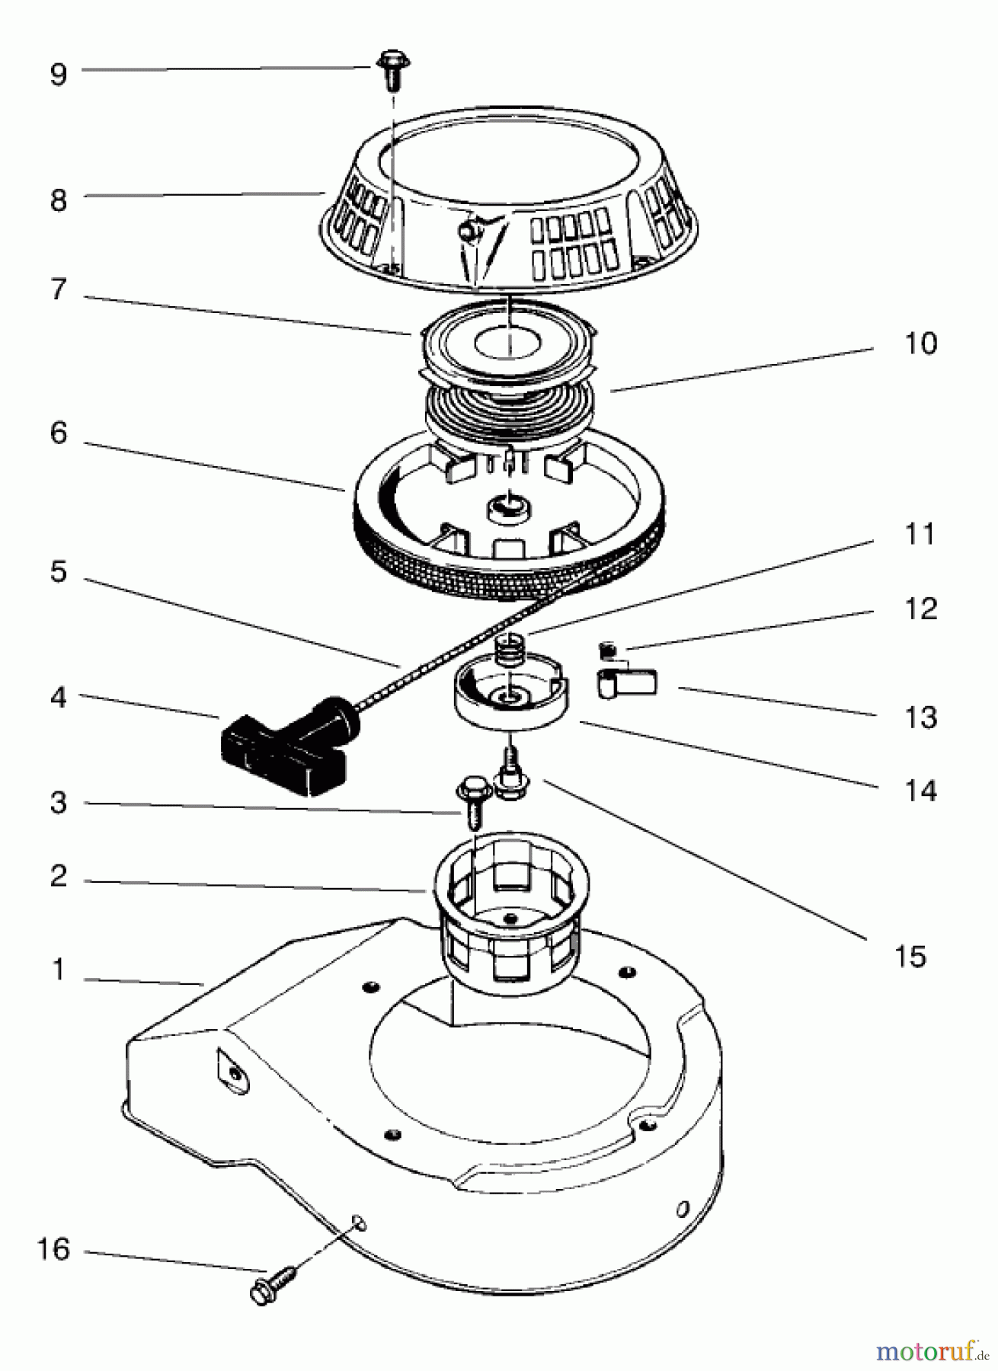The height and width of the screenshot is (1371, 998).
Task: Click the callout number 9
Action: [x=58, y=74]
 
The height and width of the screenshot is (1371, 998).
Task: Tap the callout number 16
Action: [x=54, y=1249]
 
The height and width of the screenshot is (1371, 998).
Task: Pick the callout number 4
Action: [x=59, y=697]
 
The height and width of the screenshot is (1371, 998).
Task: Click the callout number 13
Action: [x=920, y=717]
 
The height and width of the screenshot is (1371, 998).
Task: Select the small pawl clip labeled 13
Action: [x=625, y=679]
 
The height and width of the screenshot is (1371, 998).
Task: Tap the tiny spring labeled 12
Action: [x=608, y=650]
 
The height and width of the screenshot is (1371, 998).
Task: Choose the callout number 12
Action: [x=920, y=609]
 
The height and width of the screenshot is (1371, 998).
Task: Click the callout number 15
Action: [x=910, y=956]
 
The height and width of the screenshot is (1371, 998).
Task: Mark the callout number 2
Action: [x=59, y=877]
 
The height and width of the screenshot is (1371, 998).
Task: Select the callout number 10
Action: [x=920, y=344]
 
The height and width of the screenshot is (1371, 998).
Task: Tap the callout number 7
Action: [x=59, y=290]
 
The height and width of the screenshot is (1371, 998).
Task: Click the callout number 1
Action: [x=59, y=970]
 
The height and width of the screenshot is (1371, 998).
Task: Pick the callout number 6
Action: [x=59, y=433]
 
